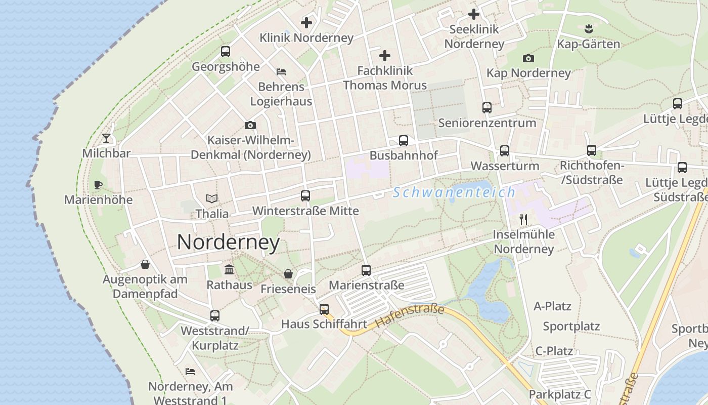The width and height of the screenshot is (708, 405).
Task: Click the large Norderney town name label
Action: (228, 242)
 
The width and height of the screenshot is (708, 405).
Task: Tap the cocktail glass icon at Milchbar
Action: (106, 138)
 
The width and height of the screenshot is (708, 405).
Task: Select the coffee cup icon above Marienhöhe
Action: (98, 185)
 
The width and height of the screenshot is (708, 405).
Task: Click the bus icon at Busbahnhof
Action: (403, 141)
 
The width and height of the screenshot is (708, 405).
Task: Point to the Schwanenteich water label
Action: (454, 192)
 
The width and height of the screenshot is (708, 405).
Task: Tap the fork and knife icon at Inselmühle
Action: (523, 220)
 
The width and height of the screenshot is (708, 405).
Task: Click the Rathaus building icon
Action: (229, 269)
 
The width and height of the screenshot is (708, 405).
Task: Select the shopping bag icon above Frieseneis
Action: (288, 274)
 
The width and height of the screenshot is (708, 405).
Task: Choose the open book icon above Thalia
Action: (212, 199)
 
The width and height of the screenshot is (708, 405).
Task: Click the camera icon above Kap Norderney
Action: (528, 58)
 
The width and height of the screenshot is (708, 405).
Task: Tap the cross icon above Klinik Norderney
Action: (306, 23)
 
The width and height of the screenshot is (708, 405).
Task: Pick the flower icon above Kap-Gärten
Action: (588, 28)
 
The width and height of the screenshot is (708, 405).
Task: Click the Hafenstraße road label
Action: (410, 316)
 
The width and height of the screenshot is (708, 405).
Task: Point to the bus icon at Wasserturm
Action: (504, 151)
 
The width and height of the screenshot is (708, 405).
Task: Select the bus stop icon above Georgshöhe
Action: (225, 52)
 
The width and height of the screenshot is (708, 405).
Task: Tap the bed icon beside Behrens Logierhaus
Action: (281, 71)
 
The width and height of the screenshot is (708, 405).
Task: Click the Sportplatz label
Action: (571, 327)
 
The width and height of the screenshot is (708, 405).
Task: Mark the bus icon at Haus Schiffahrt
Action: (324, 309)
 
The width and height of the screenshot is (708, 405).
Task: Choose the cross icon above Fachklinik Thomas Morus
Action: (385, 56)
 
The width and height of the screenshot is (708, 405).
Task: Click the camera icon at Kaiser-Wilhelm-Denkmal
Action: (250, 125)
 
